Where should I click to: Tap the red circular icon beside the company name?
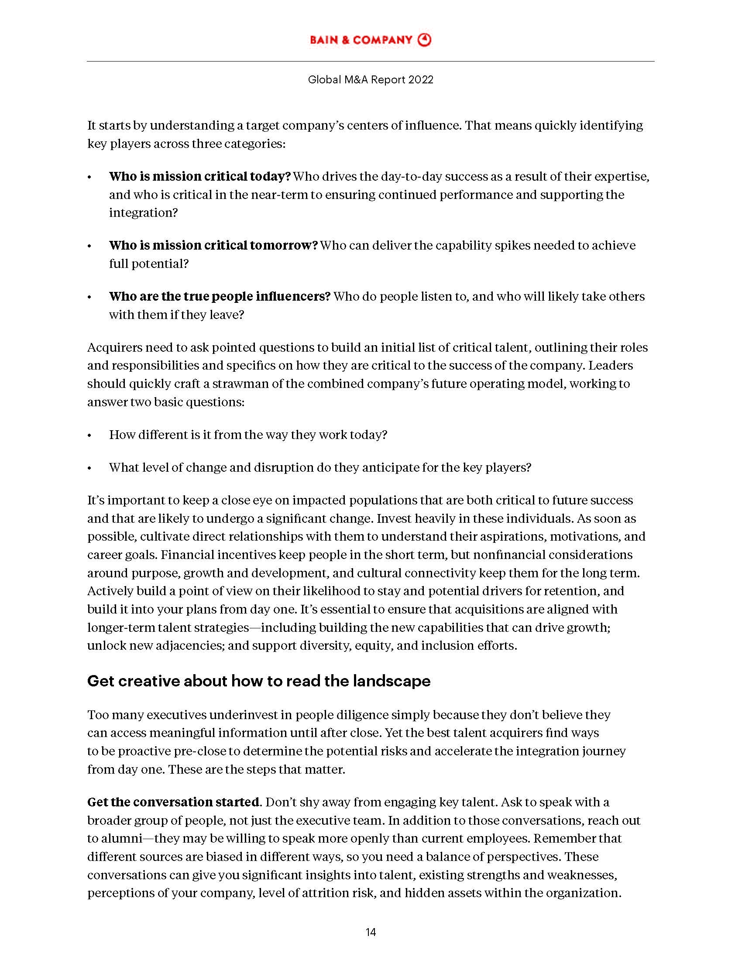[424, 40]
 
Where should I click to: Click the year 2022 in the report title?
[420, 79]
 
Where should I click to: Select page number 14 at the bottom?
[371, 933]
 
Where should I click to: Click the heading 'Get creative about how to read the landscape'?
[258, 681]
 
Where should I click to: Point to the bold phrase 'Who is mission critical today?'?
[199, 176]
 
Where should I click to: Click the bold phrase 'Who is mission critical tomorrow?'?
[213, 245]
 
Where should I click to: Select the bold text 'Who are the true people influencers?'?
[220, 296]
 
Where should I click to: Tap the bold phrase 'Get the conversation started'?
[173, 802]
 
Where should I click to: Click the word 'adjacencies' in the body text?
[190, 645]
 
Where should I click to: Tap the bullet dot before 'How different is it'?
[89, 435]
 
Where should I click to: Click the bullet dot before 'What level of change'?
[89, 468]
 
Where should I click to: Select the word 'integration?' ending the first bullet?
[143, 213]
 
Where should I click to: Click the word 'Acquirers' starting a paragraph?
[114, 347]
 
